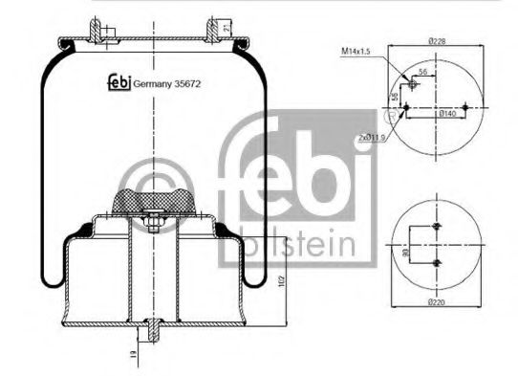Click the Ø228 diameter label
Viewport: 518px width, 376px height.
tap(439, 41)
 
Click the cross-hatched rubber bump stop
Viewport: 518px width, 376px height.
tap(152, 201)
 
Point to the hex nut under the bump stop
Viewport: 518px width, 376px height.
tap(152, 226)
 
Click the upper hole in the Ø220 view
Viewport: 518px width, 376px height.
tap(436, 226)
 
